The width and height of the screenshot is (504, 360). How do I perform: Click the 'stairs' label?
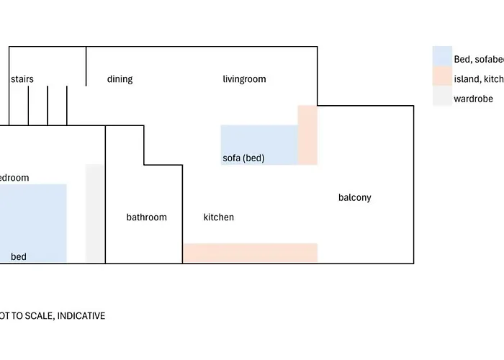(22, 79)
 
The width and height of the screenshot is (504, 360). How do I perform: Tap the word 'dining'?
(120, 79)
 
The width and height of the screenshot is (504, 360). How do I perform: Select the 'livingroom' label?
(244, 79)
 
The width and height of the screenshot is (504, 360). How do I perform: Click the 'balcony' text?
(355, 197)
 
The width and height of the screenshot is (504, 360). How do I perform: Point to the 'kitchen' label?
(218, 217)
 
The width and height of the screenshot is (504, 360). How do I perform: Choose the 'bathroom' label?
(146, 217)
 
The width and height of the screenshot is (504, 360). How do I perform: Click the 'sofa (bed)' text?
(244, 158)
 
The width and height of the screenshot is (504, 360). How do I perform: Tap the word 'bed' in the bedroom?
(19, 256)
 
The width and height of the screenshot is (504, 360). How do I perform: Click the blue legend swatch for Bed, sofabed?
(441, 56)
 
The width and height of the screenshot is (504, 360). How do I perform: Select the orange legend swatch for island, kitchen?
(441, 77)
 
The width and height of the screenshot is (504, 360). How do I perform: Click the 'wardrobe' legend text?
(473, 99)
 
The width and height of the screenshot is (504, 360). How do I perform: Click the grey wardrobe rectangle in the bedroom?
(94, 213)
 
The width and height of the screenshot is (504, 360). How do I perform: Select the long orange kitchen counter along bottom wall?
(250, 253)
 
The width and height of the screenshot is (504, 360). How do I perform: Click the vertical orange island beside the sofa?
(307, 135)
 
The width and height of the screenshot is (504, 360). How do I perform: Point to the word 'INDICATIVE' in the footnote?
(81, 315)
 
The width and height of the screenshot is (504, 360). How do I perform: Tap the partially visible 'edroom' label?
(14, 178)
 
